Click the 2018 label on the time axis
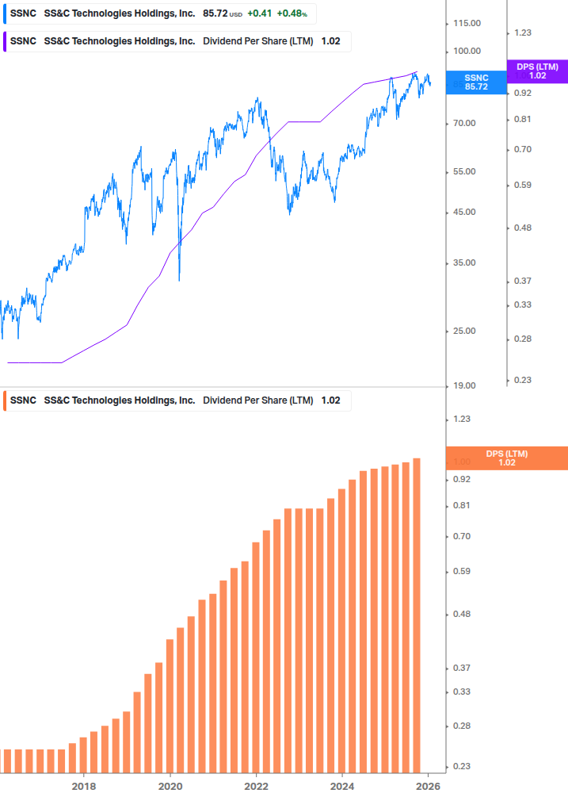(x=84, y=786)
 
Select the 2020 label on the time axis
(x=170, y=786)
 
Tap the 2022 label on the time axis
(x=256, y=786)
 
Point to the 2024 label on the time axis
(x=342, y=786)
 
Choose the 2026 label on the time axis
(x=428, y=786)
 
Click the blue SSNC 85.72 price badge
(x=475, y=82)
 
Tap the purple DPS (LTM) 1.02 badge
(x=537, y=71)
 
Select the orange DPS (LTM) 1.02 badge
(x=507, y=458)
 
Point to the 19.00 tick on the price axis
(x=465, y=385)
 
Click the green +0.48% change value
(x=292, y=14)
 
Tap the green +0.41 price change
(x=259, y=14)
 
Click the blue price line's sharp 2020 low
(x=180, y=278)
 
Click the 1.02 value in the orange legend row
(x=330, y=400)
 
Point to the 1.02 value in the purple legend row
(x=330, y=41)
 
